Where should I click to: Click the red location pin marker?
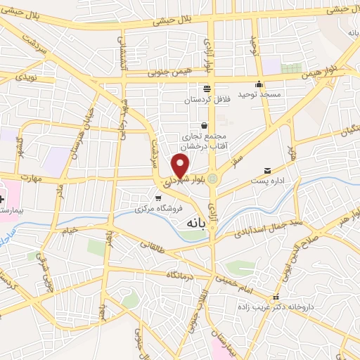point(181,167)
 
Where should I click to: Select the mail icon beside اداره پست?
point(267,171)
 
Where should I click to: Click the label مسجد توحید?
point(259,94)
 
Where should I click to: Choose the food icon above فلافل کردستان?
point(207,89)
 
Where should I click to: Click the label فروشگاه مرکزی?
point(161,209)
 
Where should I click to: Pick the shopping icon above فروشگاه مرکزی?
point(166,198)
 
